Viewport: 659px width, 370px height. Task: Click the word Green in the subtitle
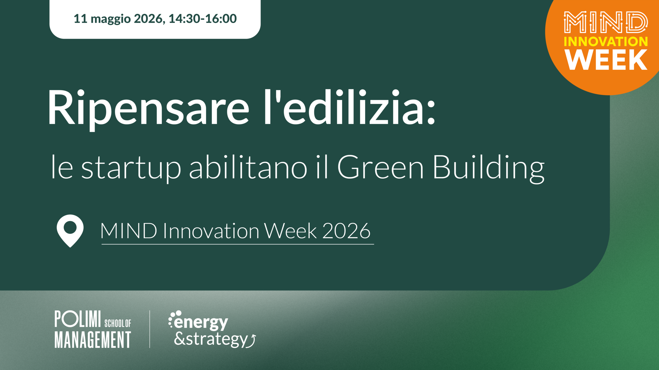coord(380,167)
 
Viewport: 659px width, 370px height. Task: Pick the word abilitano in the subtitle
coord(248,167)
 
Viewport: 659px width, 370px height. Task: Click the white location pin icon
coord(70,231)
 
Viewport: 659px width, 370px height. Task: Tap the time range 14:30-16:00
coord(203,19)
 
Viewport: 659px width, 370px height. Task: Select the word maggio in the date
coord(111,20)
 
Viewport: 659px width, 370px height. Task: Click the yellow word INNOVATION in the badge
coord(606,42)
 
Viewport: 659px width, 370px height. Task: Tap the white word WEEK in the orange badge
coord(606,60)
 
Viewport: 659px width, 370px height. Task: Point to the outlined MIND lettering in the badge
coord(606,22)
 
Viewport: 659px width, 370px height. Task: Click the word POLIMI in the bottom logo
coord(77,319)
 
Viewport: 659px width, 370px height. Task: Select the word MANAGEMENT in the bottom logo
coord(93,339)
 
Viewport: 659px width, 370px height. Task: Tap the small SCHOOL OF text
coord(118,323)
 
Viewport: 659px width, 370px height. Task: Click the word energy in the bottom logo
coord(201,323)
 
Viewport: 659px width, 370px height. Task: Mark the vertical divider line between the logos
coord(150,329)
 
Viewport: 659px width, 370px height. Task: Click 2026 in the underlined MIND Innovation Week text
coord(346,231)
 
